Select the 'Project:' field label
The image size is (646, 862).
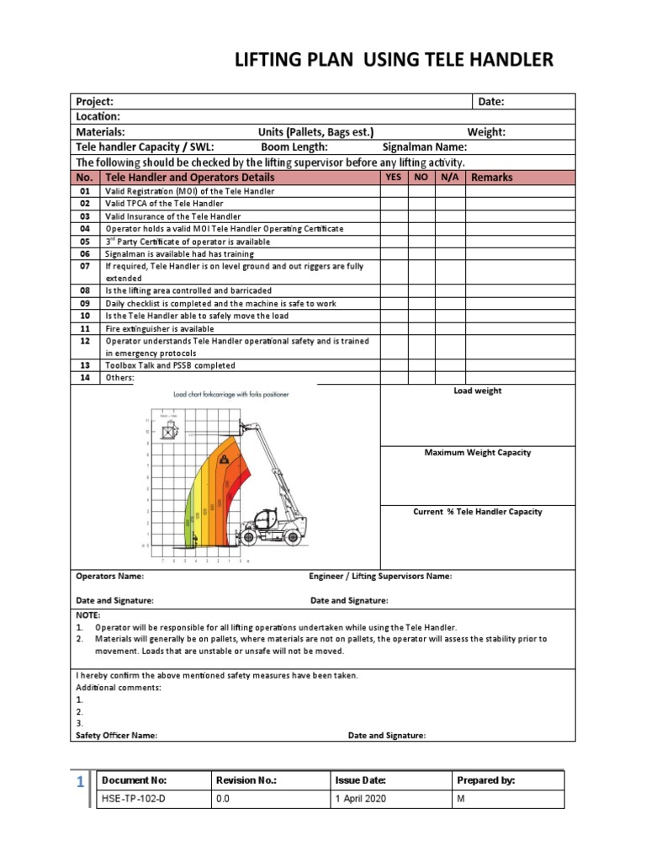click(x=95, y=102)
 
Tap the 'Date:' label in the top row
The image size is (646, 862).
click(x=491, y=102)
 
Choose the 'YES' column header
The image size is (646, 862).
click(x=393, y=177)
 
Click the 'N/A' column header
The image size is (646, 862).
click(x=449, y=177)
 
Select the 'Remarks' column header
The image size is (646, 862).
click(x=492, y=178)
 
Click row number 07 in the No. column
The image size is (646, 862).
click(x=85, y=266)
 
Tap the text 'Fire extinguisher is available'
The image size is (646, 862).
click(x=160, y=328)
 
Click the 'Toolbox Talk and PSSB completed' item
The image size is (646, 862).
click(x=169, y=365)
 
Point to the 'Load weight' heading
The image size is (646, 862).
click(x=477, y=391)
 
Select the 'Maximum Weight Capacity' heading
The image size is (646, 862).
click(x=477, y=453)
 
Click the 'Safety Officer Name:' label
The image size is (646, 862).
click(x=117, y=735)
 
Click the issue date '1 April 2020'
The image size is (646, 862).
click(x=361, y=799)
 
